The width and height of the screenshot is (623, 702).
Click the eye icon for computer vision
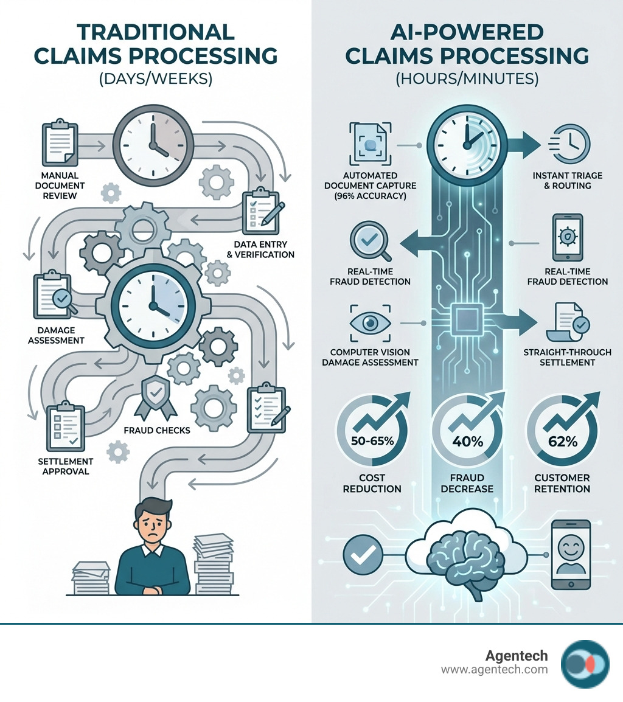[370, 324]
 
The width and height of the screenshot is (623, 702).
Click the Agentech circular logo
[585, 664]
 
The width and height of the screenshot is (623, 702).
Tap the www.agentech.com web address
[494, 670]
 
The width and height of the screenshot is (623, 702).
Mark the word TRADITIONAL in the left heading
[156, 32]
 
